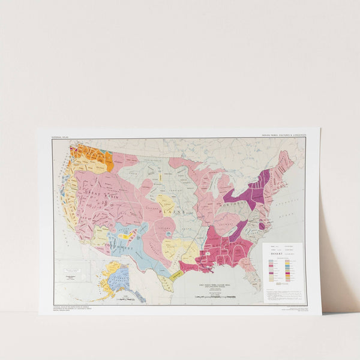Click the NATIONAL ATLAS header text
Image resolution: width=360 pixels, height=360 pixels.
click(61, 136)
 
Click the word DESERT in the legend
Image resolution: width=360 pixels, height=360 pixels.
click(274, 252)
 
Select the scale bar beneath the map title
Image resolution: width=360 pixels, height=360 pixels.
click(214, 296)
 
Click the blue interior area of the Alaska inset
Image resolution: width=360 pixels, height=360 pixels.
click(118, 277)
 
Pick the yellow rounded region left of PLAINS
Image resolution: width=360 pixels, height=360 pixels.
click(165, 204)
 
